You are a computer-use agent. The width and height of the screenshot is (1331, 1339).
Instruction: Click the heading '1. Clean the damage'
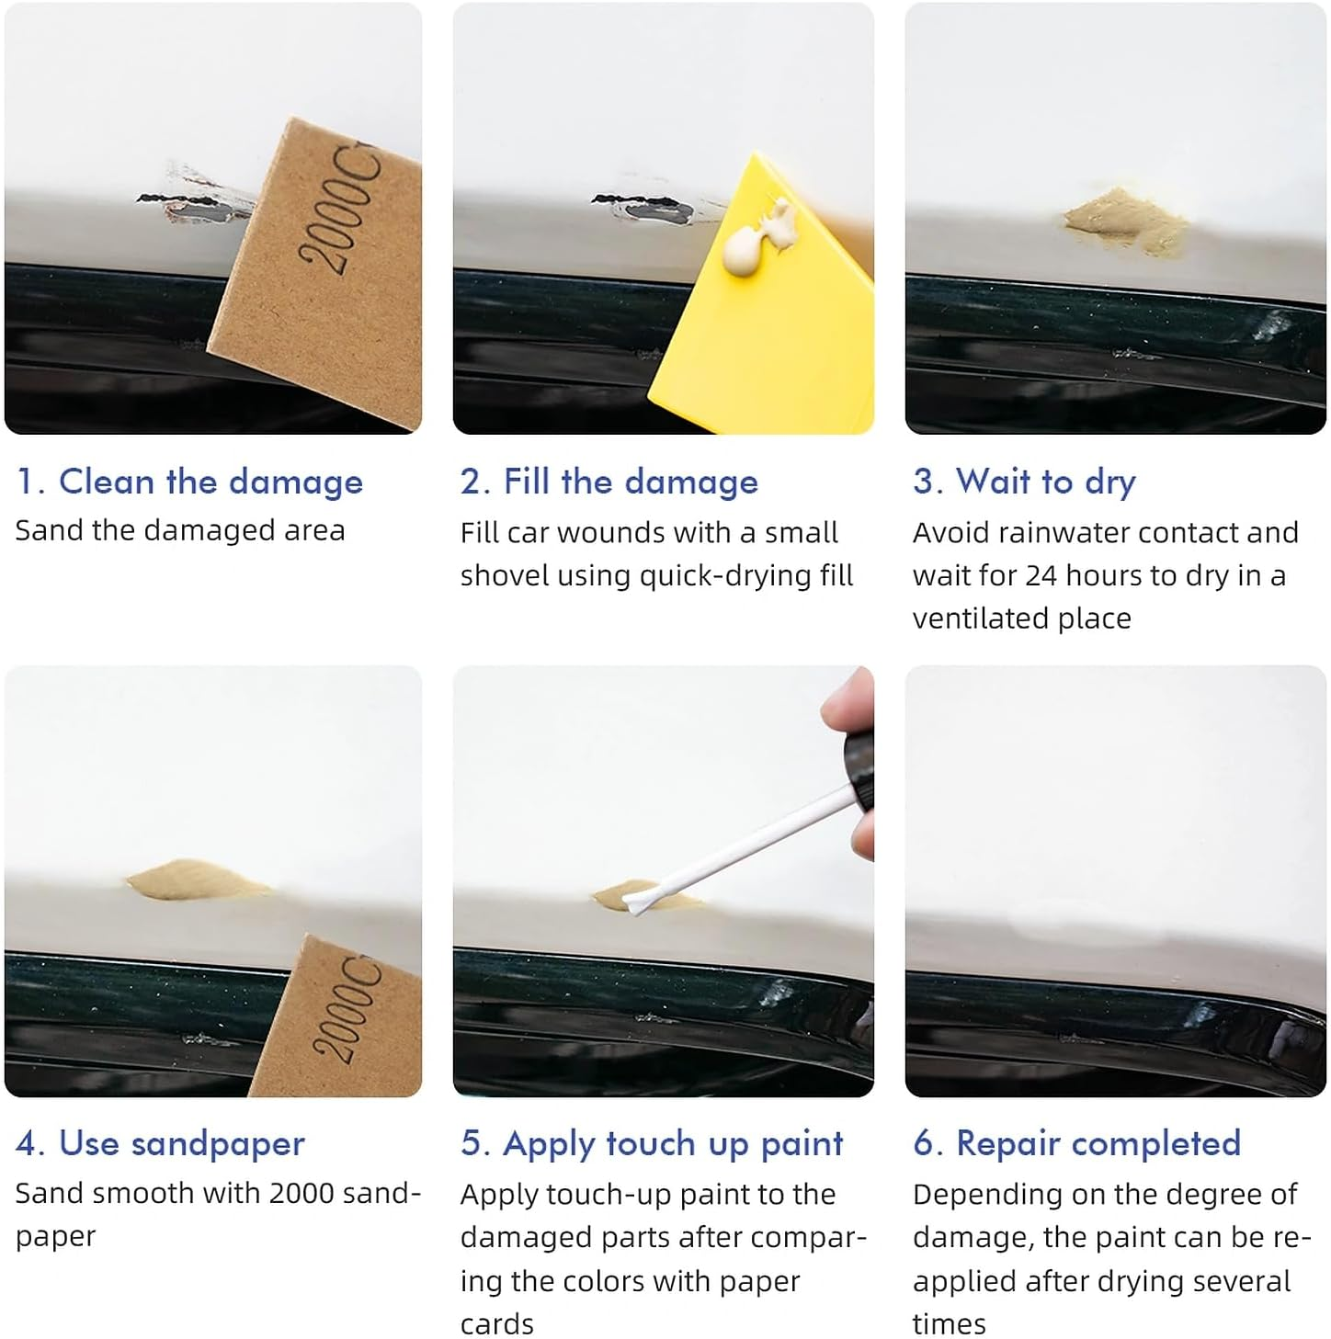point(189,482)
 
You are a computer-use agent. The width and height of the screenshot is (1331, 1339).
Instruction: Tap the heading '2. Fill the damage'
point(609,482)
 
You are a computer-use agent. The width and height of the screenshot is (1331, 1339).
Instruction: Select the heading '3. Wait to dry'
point(1025,482)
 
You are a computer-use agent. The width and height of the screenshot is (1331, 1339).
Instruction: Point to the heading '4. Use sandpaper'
point(160,1145)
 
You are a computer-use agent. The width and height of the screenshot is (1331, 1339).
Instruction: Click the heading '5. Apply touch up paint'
point(651,1145)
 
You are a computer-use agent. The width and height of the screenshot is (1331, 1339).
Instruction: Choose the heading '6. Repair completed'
point(1076,1144)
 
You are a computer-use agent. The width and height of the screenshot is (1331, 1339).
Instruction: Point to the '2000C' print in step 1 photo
point(340,210)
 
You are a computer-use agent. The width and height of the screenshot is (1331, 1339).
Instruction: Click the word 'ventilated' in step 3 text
point(980,619)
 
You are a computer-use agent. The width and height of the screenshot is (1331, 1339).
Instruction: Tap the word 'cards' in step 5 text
point(497,1324)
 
